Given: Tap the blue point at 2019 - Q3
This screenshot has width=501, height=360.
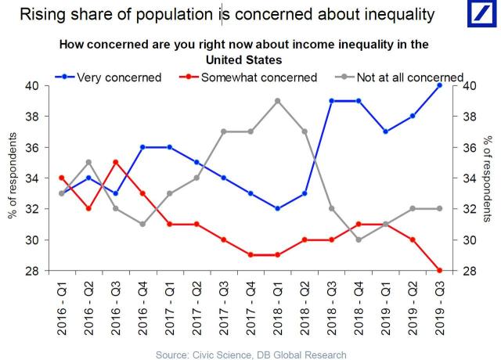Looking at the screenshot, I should (440, 85).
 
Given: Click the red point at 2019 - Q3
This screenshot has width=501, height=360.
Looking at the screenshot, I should (440, 271).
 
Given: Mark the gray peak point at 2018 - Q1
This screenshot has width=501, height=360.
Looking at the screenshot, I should (278, 101).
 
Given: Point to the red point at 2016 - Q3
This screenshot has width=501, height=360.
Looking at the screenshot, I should (115, 162).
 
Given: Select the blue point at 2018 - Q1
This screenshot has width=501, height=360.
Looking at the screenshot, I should (278, 209).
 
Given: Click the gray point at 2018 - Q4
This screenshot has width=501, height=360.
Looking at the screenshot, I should (359, 239).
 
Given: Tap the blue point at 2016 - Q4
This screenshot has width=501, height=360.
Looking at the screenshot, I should (142, 147).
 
